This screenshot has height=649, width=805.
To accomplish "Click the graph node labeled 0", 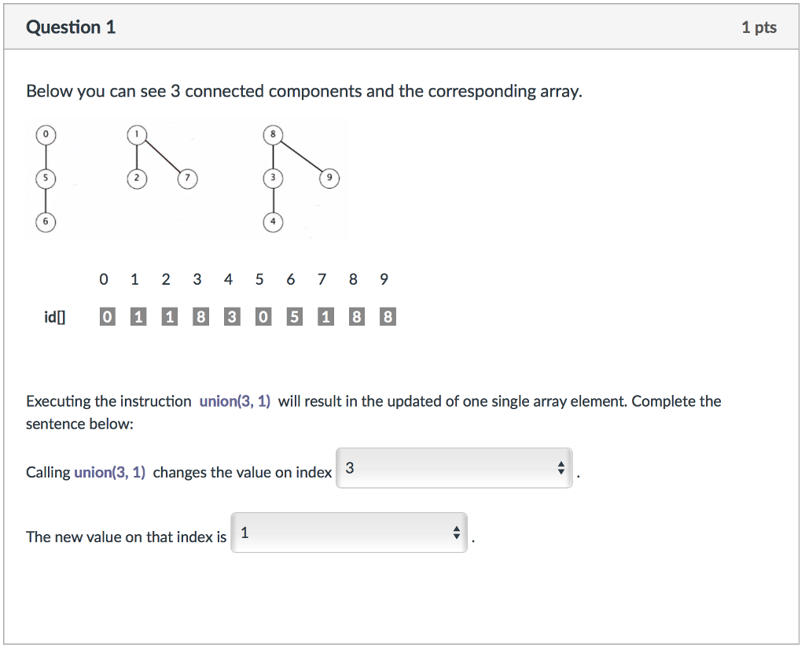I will click(x=46, y=135).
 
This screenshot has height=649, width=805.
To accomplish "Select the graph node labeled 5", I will click(x=46, y=179).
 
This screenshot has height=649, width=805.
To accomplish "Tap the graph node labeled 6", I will click(x=46, y=223).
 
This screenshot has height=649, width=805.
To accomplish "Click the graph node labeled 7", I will click(x=187, y=179).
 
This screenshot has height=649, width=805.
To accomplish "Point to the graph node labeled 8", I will click(x=273, y=135).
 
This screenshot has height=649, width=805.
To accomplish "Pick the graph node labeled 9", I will click(x=330, y=179).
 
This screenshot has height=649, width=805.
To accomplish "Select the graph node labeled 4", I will click(x=273, y=223).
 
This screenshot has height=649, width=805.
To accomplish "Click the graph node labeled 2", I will click(x=137, y=179).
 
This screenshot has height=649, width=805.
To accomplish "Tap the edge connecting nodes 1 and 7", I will click(x=163, y=157).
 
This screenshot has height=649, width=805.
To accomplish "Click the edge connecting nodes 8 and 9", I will click(x=302, y=157).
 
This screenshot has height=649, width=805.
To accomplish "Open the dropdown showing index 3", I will click(x=454, y=468).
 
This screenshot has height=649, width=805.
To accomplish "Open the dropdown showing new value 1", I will click(x=349, y=533).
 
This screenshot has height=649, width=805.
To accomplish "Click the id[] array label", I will click(x=55, y=317).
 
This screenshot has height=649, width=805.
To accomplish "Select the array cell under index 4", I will click(x=232, y=317).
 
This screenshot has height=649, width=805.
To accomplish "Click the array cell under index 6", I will click(x=294, y=317).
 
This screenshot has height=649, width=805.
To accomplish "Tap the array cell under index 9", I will click(x=388, y=317).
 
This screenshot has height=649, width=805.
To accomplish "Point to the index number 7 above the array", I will click(x=322, y=279).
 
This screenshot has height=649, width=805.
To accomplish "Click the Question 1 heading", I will click(x=71, y=28).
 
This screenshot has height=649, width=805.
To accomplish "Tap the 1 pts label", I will click(x=759, y=28).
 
